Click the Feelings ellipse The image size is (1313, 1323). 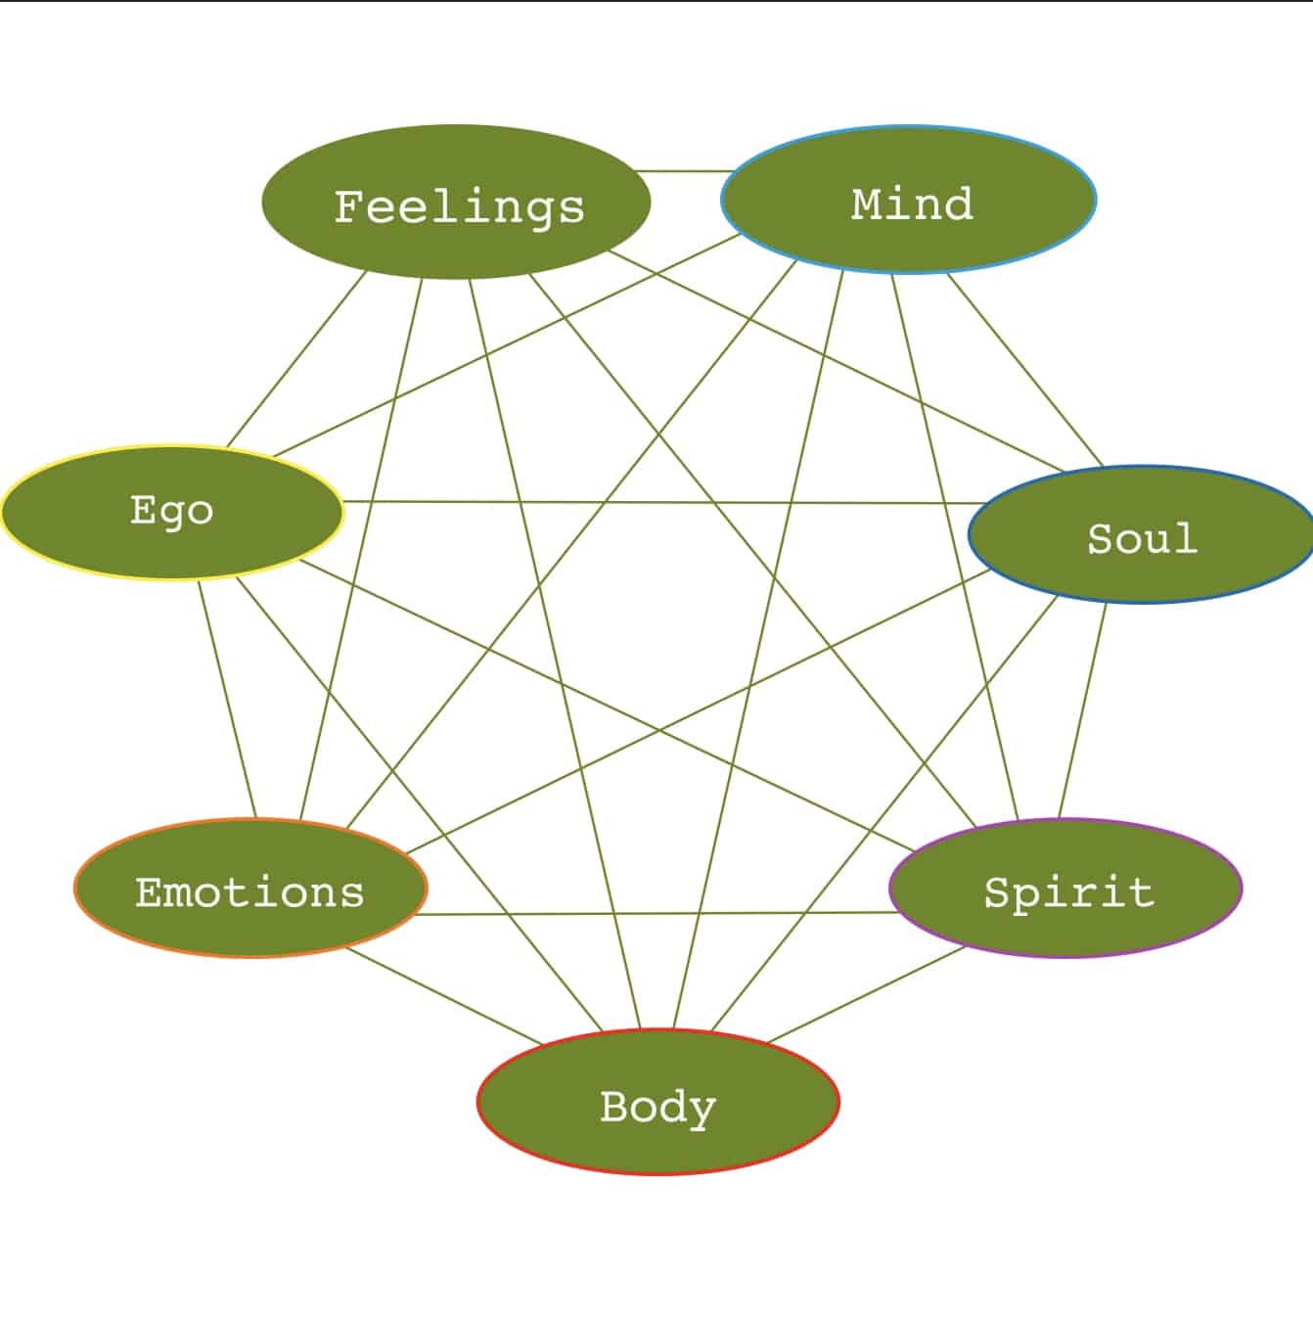click(456, 203)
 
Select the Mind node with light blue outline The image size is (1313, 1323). click(909, 201)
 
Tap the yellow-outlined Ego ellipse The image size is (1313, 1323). click(173, 512)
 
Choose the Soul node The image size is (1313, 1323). click(1141, 535)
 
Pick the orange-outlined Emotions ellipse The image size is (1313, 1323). click(250, 889)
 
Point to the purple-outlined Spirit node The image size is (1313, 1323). click(1065, 889)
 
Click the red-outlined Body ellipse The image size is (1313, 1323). click(658, 1102)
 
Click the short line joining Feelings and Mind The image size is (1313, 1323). click(685, 171)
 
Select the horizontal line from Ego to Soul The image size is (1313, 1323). click(656, 503)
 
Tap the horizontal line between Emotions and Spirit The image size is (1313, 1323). click(656, 914)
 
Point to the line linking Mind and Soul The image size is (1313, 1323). click(1025, 371)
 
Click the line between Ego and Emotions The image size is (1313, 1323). click(227, 699)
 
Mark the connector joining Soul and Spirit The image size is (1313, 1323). click(1082, 710)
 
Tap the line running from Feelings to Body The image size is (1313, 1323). click(554, 654)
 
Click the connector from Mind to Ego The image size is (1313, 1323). click(506, 345)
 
